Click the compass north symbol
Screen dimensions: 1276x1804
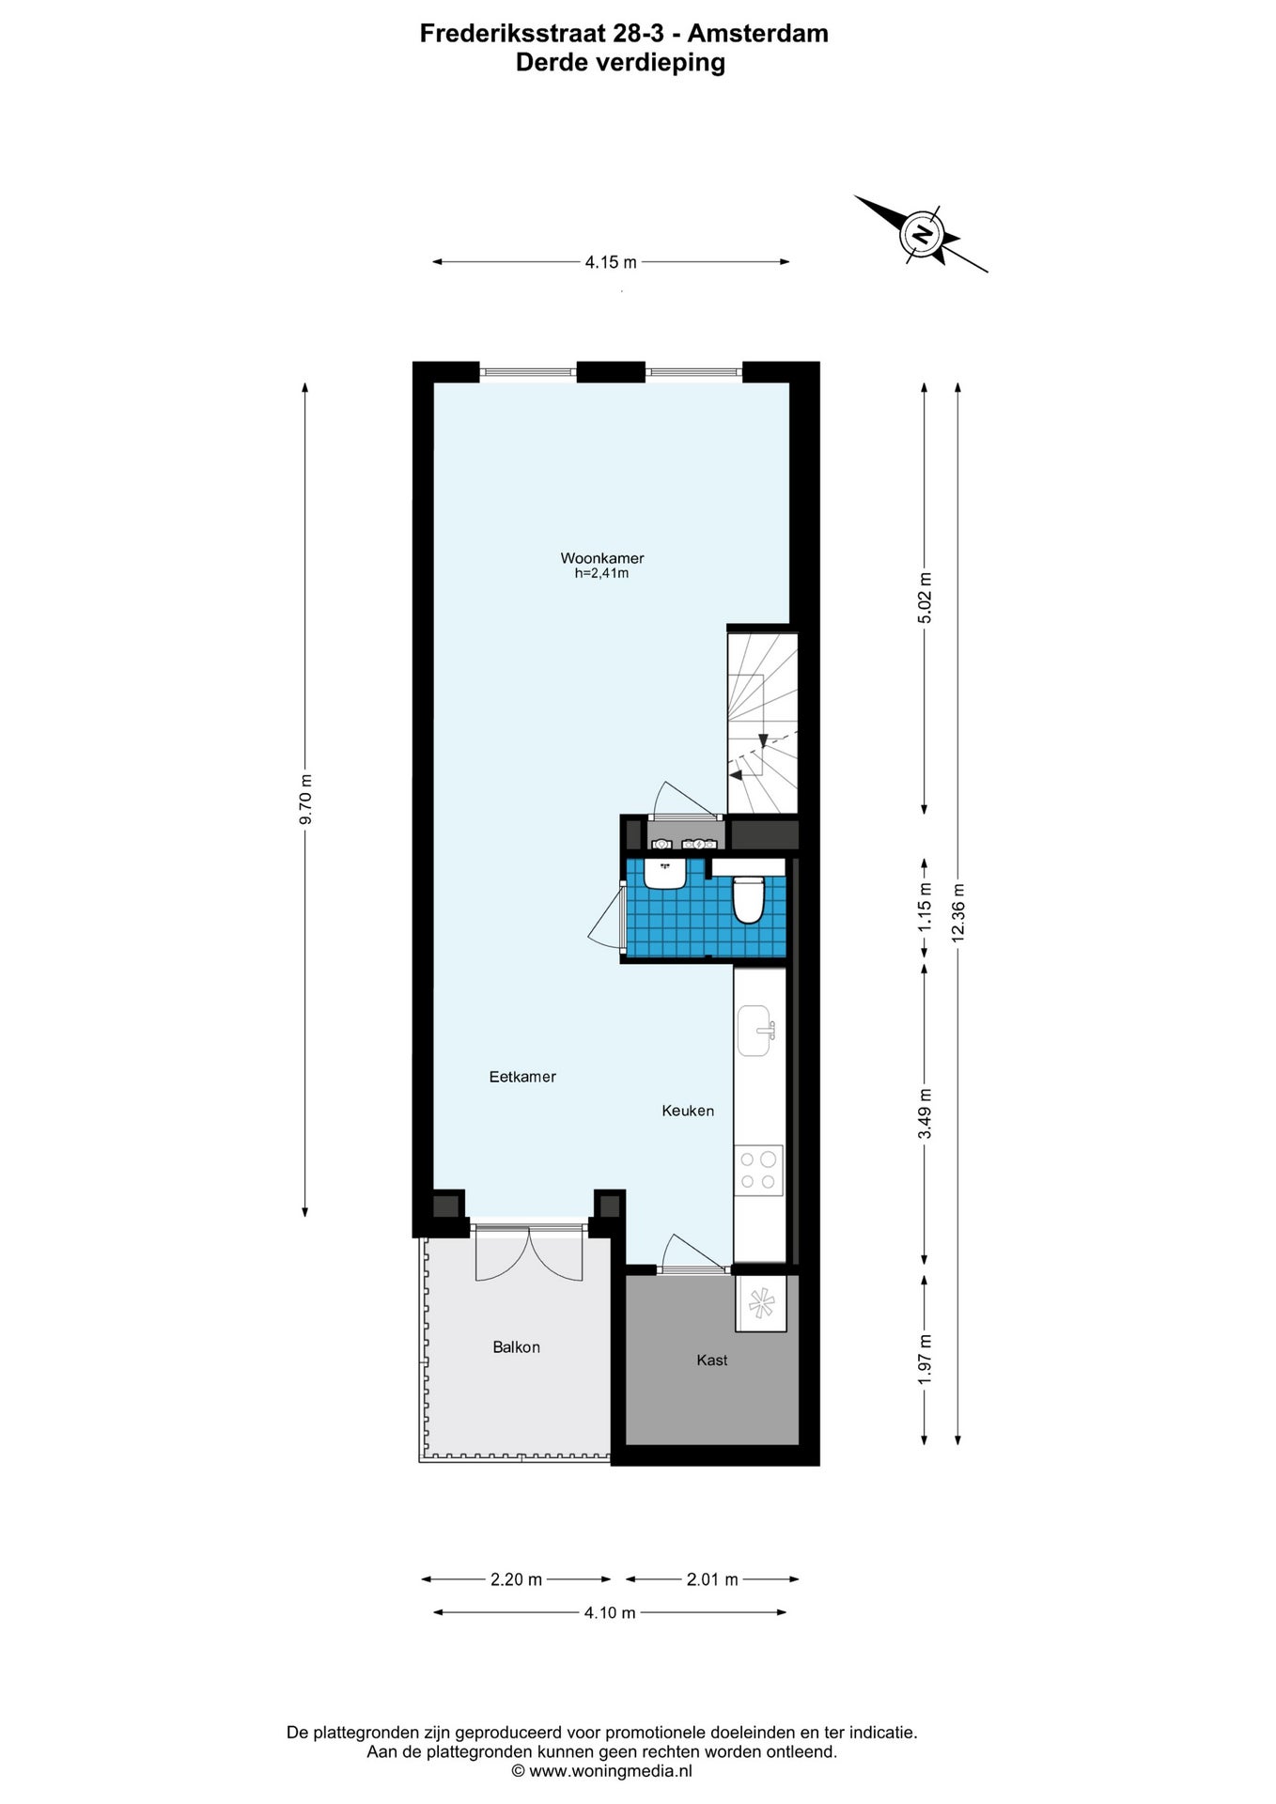pyautogui.click(x=922, y=233)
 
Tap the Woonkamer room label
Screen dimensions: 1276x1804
pyautogui.click(x=602, y=558)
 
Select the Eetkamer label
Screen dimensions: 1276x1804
pyautogui.click(x=522, y=1077)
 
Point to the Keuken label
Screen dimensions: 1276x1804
pyautogui.click(x=688, y=1111)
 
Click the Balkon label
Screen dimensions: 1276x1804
pyautogui.click(x=516, y=1347)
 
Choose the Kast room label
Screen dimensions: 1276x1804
pyautogui.click(x=712, y=1360)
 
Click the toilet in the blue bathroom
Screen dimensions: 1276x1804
pyautogui.click(x=748, y=899)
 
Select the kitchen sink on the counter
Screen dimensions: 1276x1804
pyautogui.click(x=756, y=1030)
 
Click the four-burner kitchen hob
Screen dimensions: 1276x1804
pyautogui.click(x=758, y=1171)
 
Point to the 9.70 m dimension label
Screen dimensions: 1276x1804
pyautogui.click(x=305, y=800)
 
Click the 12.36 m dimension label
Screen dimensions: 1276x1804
pyautogui.click(x=957, y=912)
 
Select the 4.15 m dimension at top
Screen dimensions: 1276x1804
pyautogui.click(x=611, y=262)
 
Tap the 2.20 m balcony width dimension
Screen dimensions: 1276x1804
pyautogui.click(x=516, y=1579)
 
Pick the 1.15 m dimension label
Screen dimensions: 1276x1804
pyautogui.click(x=925, y=907)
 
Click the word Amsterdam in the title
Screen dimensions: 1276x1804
pyautogui.click(x=758, y=34)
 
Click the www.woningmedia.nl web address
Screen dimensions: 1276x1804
pyautogui.click(x=611, y=1771)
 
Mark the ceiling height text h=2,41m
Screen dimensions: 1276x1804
pyautogui.click(x=602, y=573)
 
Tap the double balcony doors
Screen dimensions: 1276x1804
pyautogui.click(x=529, y=1253)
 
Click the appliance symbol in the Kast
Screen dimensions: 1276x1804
pyautogui.click(x=760, y=1302)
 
